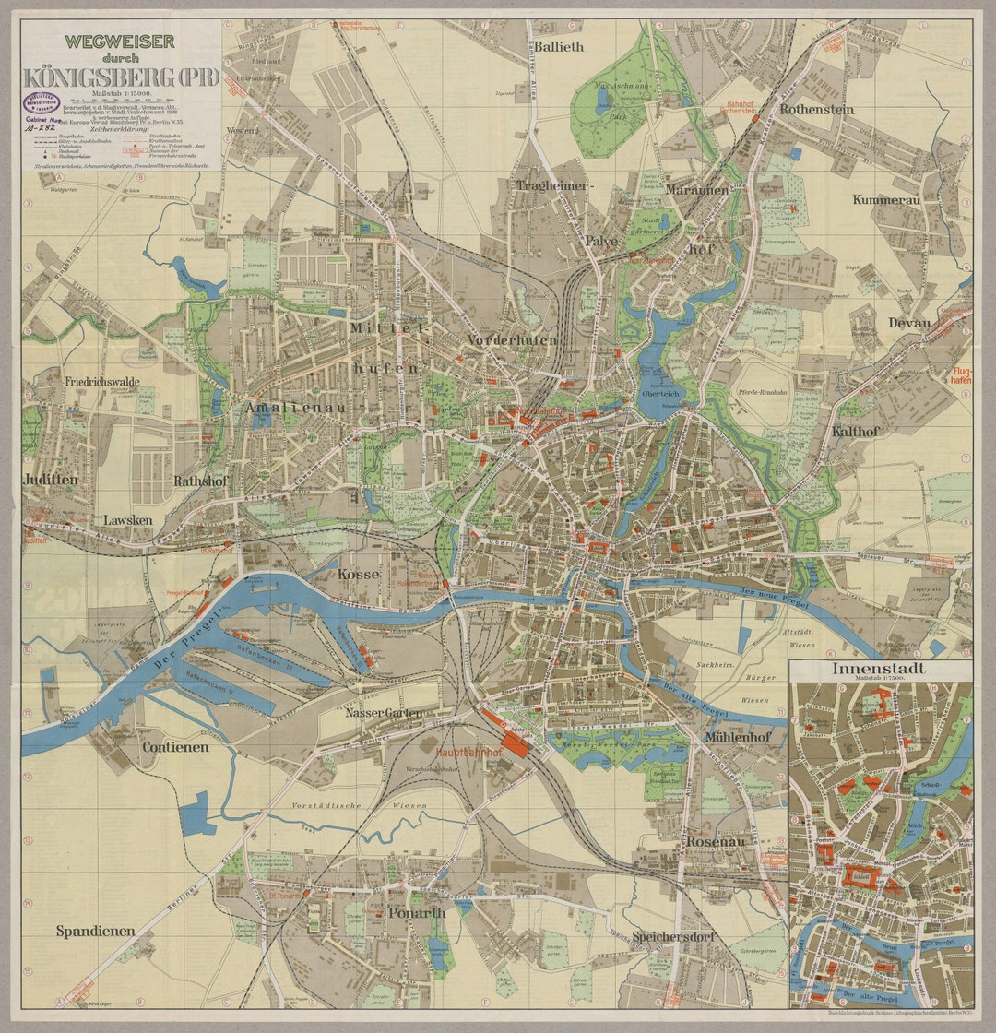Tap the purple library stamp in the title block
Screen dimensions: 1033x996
click(x=43, y=101)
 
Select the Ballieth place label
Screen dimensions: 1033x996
click(x=559, y=46)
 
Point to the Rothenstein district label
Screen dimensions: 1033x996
click(x=816, y=109)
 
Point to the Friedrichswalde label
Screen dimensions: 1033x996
click(x=101, y=380)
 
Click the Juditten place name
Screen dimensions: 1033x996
click(x=51, y=480)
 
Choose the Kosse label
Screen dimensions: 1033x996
click(x=359, y=574)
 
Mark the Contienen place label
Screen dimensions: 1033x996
click(x=174, y=747)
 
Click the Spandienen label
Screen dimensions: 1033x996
click(x=94, y=931)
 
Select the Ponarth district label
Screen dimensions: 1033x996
click(x=416, y=912)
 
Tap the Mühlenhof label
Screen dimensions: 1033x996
click(x=737, y=738)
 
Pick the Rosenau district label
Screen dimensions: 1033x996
click(x=715, y=841)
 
